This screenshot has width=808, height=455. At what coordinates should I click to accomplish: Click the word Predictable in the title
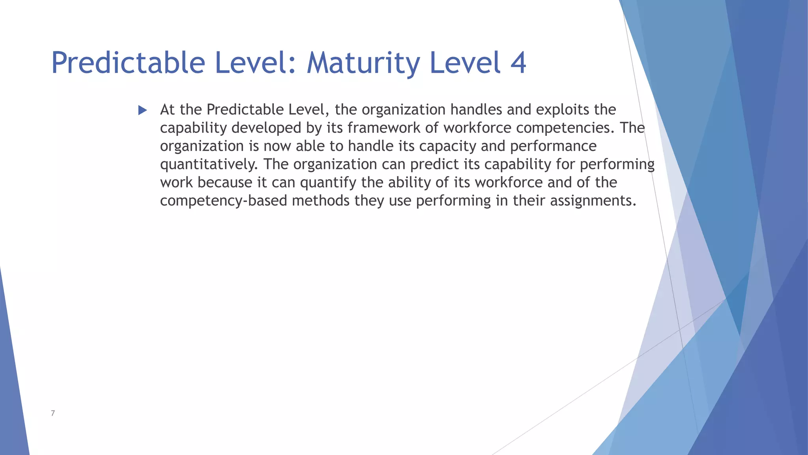point(128,63)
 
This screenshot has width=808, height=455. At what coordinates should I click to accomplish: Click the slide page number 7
point(53,413)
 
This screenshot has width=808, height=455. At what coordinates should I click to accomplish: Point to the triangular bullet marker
point(142,110)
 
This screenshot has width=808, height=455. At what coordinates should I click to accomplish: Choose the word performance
point(553,146)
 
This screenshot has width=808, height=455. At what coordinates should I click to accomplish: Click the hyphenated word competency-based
point(223,201)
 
